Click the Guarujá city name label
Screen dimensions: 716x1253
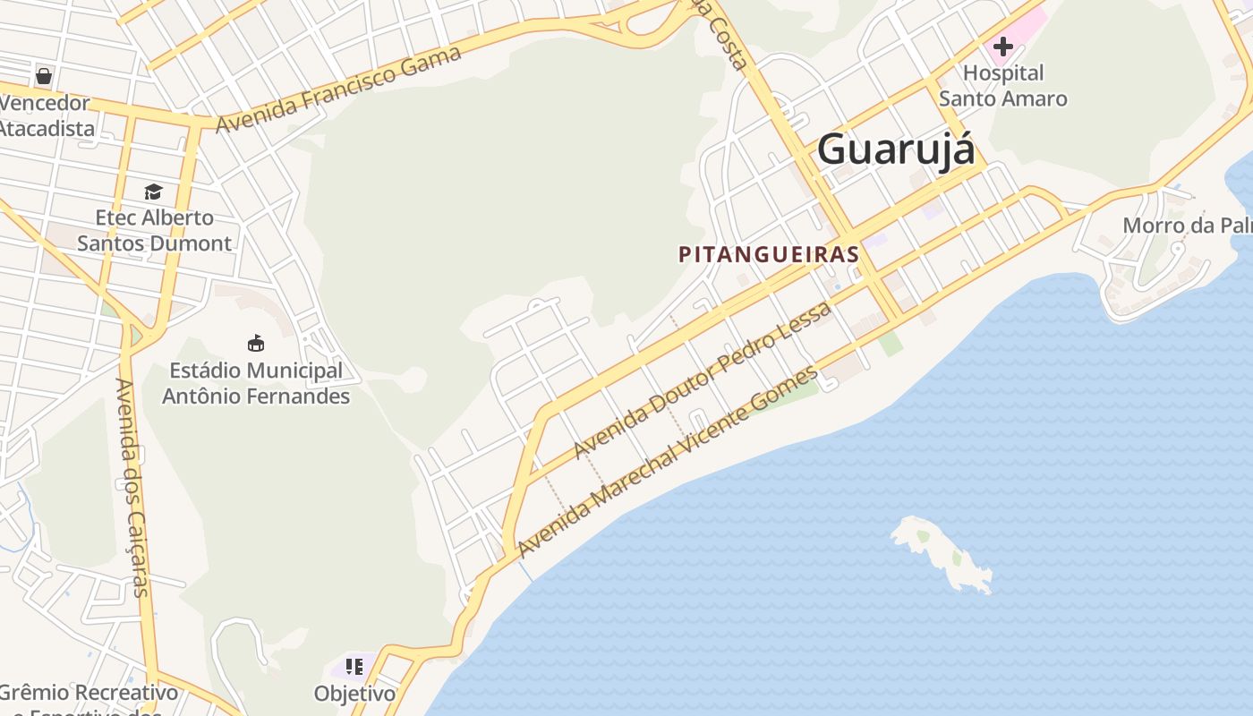896,149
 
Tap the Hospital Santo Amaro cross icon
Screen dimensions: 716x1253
1002,47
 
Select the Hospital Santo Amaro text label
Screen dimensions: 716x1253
1002,85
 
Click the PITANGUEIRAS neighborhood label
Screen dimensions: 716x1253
769,254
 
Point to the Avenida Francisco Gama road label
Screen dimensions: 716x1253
339,89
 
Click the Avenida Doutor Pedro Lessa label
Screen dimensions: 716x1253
703,379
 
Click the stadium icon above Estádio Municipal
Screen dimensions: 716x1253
256,343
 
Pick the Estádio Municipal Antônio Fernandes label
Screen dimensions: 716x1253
256,383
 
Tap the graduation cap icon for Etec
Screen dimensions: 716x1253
154,192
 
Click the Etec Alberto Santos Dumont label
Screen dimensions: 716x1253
154,230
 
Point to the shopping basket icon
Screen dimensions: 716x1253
43,75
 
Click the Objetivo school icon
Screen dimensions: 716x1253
354,667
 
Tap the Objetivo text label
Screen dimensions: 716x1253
354,694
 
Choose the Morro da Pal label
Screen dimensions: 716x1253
1186,225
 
